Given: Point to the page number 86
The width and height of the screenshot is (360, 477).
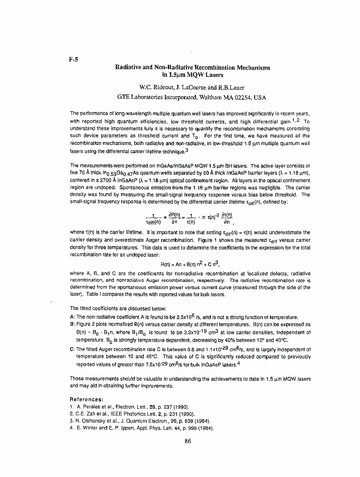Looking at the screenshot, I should click(187, 440).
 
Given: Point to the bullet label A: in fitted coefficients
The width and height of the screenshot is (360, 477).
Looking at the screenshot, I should click(72, 317).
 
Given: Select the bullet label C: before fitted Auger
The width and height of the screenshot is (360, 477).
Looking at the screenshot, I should click(72, 349).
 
